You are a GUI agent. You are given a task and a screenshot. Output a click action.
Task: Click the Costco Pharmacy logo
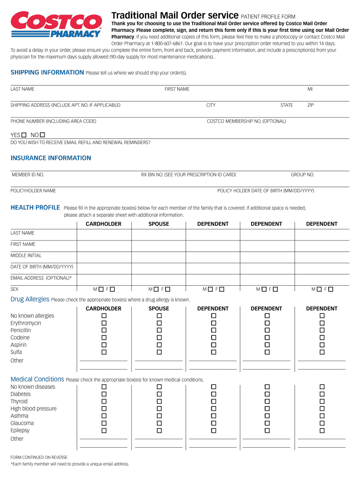point(56,25)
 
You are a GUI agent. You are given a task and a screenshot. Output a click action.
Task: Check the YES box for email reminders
point(24,135)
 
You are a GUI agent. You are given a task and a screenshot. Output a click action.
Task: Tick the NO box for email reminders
point(43,135)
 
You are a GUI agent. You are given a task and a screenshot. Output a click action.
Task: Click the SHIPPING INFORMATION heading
point(47,73)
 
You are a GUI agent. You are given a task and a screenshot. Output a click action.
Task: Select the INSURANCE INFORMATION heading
point(51,158)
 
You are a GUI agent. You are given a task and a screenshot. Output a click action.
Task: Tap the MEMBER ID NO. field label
point(28,174)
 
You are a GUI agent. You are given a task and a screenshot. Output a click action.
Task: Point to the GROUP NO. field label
point(302,174)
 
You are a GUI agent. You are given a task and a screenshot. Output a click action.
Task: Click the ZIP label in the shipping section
point(310,105)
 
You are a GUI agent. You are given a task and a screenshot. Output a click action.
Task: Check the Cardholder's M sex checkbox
point(101,289)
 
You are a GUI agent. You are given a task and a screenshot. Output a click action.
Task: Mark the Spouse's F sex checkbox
point(167,289)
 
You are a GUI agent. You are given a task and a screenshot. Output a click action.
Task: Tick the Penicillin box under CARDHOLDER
point(104,330)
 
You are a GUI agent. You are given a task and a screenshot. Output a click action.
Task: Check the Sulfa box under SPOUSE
point(159,352)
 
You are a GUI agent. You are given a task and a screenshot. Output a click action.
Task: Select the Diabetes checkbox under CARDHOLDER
point(104,394)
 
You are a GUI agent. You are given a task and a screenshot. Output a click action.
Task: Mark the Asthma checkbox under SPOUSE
point(159,415)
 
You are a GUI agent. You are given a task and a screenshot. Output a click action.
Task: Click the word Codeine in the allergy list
point(20,337)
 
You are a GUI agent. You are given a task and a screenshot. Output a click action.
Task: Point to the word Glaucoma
point(22,423)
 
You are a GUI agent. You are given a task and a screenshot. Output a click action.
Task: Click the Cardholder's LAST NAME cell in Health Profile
point(104,233)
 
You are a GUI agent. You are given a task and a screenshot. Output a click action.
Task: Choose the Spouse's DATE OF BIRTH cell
point(159,267)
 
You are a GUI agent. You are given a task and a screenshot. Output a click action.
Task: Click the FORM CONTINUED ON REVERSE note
point(39,457)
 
